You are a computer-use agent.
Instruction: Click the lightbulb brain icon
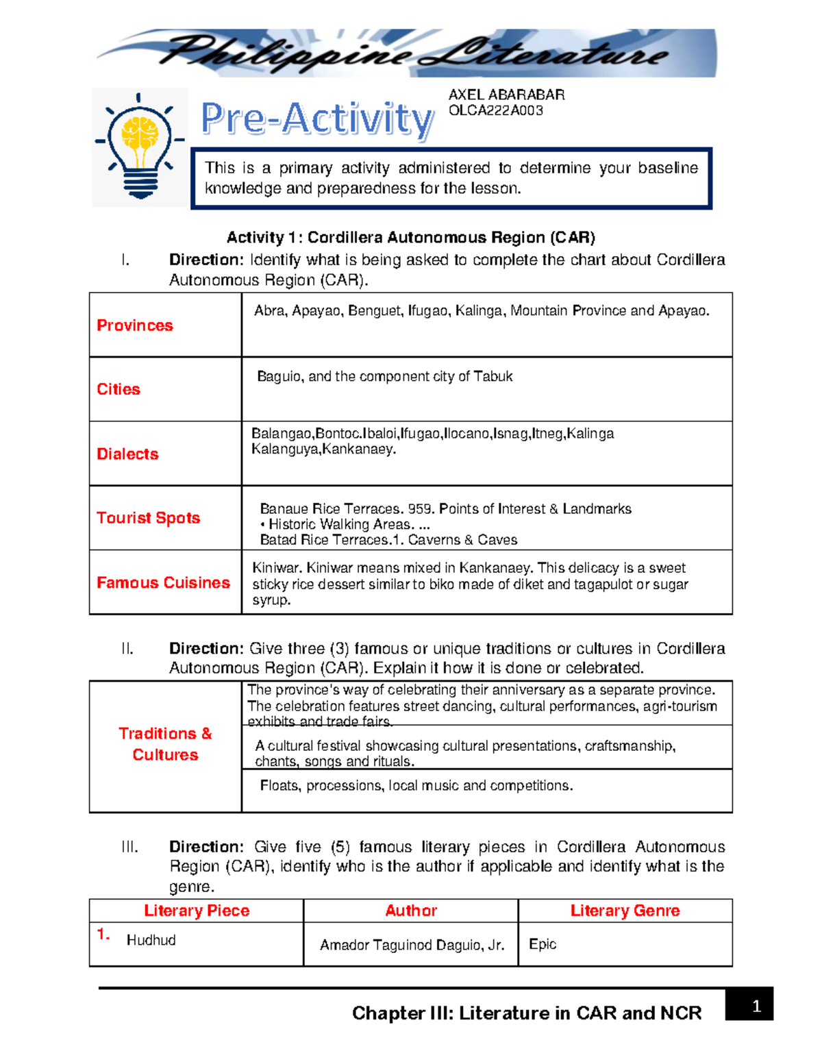tap(140, 145)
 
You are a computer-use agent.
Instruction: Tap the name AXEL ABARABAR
tap(506, 95)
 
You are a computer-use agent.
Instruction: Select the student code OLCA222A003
tap(495, 110)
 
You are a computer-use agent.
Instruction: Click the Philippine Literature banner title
tap(413, 53)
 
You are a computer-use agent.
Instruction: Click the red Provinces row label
tap(135, 325)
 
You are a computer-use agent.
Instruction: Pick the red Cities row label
tap(119, 389)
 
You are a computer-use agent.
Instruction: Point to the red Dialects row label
tap(127, 454)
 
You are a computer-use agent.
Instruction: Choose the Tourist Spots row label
tap(148, 518)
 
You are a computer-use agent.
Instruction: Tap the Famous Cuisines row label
tap(163, 582)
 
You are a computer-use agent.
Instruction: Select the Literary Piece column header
tap(197, 911)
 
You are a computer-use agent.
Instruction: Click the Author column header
tap(411, 911)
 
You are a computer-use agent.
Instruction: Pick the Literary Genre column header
tap(625, 911)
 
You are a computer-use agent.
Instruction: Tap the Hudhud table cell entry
tap(151, 940)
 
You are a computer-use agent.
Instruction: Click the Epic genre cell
tap(543, 944)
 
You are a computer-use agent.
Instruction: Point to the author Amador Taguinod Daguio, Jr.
tap(412, 945)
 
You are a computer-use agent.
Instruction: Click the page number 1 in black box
tap(756, 1006)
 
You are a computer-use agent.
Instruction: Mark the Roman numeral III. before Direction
tap(129, 847)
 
